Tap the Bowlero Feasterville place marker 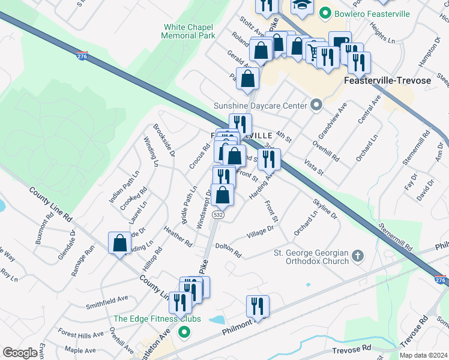click(x=325, y=12)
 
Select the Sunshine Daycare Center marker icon click(x=318, y=106)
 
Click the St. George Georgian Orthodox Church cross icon click(x=357, y=256)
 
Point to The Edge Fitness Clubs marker click(x=184, y=331)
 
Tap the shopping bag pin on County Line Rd click(x=119, y=243)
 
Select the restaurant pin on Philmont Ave click(x=257, y=306)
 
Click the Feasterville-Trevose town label click(x=388, y=80)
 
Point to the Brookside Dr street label click(x=164, y=140)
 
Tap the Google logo click(x=20, y=353)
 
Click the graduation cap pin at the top click(x=302, y=5)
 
